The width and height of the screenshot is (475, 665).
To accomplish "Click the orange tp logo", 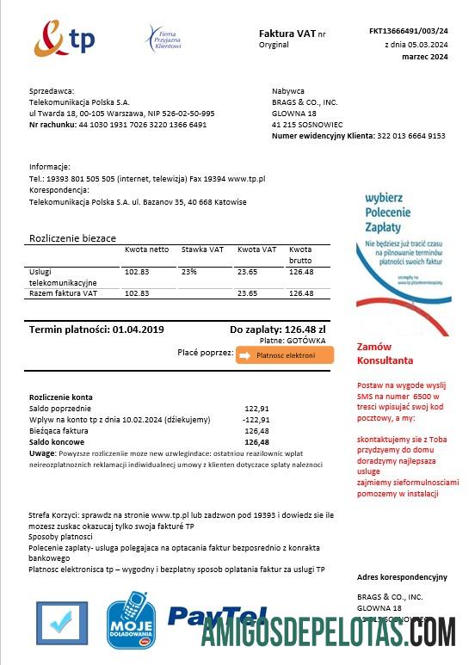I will click(x=64, y=40).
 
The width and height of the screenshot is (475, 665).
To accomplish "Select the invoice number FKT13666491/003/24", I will click(x=408, y=31).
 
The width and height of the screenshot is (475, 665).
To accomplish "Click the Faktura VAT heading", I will click(x=287, y=34).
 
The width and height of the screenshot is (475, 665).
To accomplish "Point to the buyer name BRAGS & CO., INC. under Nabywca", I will click(x=305, y=102).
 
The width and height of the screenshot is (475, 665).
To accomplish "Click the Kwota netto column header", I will click(x=146, y=249).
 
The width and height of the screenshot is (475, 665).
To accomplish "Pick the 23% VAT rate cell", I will click(x=189, y=272).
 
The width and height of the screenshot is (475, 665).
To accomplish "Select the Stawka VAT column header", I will click(x=202, y=249).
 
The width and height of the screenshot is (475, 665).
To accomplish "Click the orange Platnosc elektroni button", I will click(x=284, y=355).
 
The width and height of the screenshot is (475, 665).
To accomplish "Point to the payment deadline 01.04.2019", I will click(x=138, y=329).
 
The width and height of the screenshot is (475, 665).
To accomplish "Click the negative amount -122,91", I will click(x=256, y=420).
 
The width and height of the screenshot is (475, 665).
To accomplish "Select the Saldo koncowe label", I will click(x=56, y=442).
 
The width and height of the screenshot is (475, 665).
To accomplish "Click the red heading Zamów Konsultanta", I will click(x=385, y=354).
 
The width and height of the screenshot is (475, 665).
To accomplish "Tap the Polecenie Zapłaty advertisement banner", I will click(x=403, y=249).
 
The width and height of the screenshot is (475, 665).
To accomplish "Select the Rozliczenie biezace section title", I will click(x=72, y=237).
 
